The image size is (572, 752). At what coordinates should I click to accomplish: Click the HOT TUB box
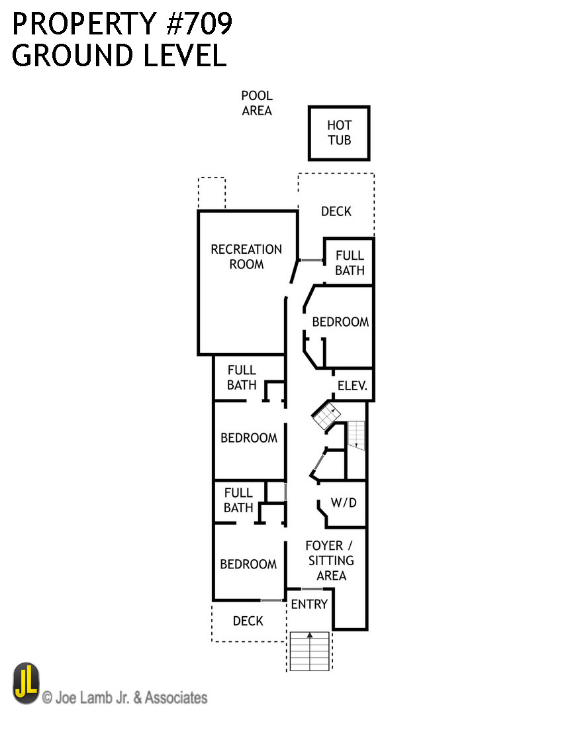(339, 133)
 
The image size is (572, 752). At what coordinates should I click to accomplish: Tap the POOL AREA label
(257, 103)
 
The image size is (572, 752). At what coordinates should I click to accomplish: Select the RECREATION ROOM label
(246, 257)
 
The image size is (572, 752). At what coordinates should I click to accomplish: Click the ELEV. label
(352, 386)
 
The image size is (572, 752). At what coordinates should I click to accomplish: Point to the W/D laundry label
(344, 503)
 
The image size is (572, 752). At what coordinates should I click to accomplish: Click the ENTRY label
(309, 604)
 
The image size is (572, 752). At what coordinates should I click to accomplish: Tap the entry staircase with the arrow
(309, 651)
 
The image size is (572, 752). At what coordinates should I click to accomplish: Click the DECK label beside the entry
(248, 621)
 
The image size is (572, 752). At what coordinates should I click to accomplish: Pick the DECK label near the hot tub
(336, 211)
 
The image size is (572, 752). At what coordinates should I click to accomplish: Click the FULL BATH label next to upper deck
(350, 263)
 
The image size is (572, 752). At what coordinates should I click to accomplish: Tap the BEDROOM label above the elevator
(340, 322)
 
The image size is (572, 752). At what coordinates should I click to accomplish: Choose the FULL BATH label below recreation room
(242, 378)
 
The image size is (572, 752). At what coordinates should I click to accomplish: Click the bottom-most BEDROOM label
(248, 564)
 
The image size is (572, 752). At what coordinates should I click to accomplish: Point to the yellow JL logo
(26, 684)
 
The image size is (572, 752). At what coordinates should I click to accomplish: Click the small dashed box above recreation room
(212, 193)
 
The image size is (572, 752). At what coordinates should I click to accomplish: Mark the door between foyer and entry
(311, 589)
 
